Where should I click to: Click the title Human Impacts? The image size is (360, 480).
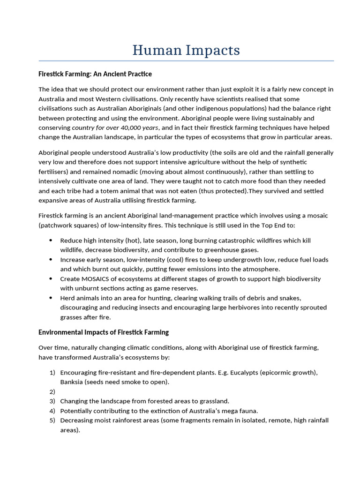pyautogui.click(x=186, y=50)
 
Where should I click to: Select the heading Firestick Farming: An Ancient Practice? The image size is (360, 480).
pyautogui.click(x=95, y=74)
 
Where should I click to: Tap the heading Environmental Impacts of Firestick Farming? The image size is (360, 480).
pyautogui.click(x=103, y=332)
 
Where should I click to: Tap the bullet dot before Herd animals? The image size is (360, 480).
pyautogui.click(x=51, y=298)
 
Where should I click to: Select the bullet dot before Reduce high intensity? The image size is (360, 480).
pyautogui.click(x=51, y=240)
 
